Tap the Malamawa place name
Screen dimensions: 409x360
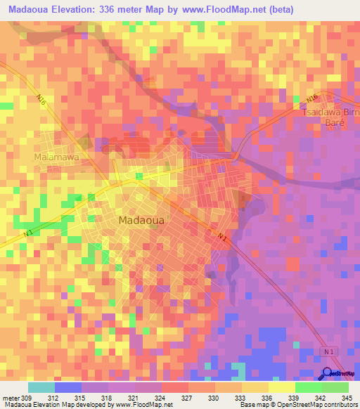pyautogui.click(x=57, y=157)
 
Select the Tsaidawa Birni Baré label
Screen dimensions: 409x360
pyautogui.click(x=330, y=117)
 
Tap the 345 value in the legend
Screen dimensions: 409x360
pyautogui.click(x=347, y=398)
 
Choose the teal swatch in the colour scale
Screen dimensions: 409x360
pyautogui.click(x=41, y=387)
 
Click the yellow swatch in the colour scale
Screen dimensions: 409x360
pyautogui.click(x=282, y=387)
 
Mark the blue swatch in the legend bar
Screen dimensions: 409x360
pyautogui.click(x=68, y=387)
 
